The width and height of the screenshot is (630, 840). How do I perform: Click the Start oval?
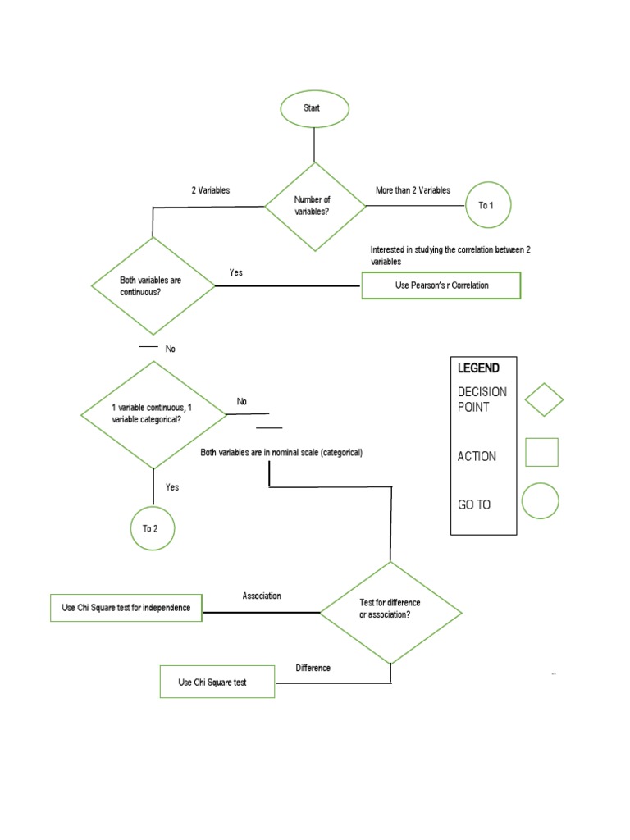pyautogui.click(x=314, y=108)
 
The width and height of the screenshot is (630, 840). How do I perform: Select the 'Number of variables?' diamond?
pyautogui.click(x=314, y=206)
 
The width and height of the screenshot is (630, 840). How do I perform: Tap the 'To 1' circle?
pyautogui.click(x=486, y=205)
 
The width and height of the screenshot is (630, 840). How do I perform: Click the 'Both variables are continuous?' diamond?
pyautogui.click(x=153, y=286)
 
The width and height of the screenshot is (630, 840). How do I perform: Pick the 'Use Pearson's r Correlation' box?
pyautogui.click(x=441, y=285)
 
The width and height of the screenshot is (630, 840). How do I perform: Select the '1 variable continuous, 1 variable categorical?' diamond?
pyautogui.click(x=153, y=413)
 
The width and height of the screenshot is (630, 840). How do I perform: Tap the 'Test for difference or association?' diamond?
pyautogui.click(x=390, y=612)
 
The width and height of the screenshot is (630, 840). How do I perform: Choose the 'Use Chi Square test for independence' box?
pyautogui.click(x=126, y=608)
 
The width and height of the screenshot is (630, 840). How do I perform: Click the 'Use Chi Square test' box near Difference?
pyautogui.click(x=217, y=682)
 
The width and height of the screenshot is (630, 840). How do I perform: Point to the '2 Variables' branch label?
pyautogui.click(x=211, y=190)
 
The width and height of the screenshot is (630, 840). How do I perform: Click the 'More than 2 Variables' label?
pyautogui.click(x=413, y=190)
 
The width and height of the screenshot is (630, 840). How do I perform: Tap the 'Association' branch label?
pyautogui.click(x=262, y=596)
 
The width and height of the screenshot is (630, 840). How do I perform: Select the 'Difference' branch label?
pyautogui.click(x=313, y=668)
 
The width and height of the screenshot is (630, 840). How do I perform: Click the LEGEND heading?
pyautogui.click(x=478, y=368)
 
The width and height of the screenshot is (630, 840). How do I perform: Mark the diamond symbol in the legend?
pyautogui.click(x=544, y=399)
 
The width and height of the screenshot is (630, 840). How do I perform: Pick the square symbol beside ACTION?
pyautogui.click(x=541, y=452)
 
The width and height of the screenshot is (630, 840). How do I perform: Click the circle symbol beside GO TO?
pyautogui.click(x=540, y=500)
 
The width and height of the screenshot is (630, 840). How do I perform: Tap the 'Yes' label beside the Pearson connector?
pyautogui.click(x=236, y=272)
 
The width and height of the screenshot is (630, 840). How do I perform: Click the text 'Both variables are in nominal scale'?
pyautogui.click(x=281, y=453)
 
